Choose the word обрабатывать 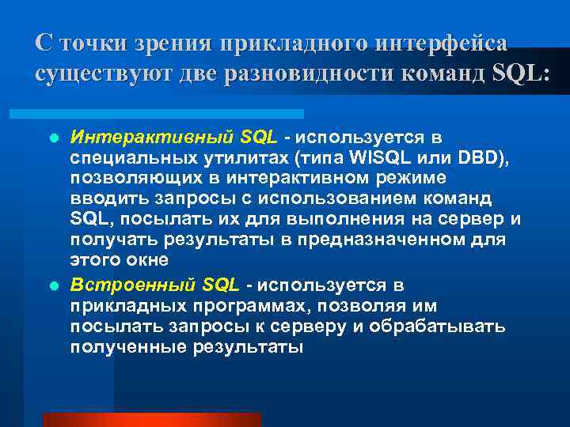(454, 326)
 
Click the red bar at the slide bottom (150, 420)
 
